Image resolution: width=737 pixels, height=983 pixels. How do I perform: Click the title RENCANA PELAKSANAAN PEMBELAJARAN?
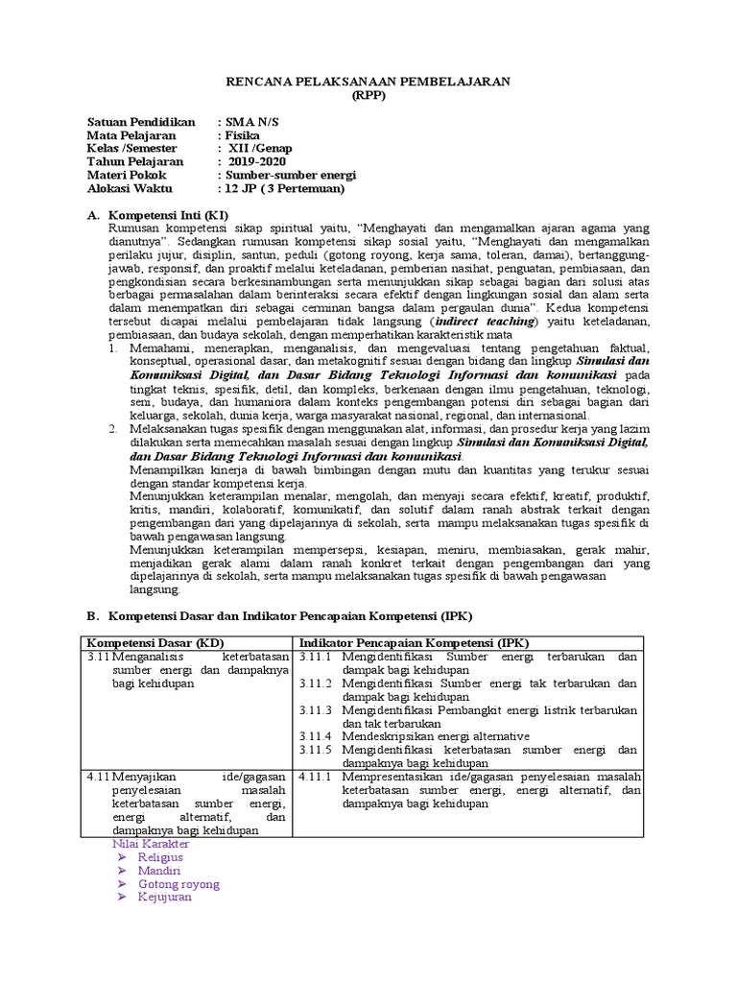(x=368, y=82)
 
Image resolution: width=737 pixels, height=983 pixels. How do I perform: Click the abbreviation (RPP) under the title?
(x=368, y=96)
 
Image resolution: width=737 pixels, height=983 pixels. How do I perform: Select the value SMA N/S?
(x=256, y=123)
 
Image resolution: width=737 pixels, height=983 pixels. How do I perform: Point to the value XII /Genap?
(x=258, y=150)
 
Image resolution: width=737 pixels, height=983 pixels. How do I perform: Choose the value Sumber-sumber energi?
(x=289, y=176)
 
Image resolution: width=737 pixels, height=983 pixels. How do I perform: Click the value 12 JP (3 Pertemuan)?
(x=283, y=189)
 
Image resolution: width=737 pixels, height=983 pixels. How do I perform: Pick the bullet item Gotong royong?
(x=178, y=883)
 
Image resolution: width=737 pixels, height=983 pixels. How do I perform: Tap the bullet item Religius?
(x=160, y=856)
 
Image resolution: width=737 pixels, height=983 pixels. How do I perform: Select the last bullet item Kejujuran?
(x=165, y=897)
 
